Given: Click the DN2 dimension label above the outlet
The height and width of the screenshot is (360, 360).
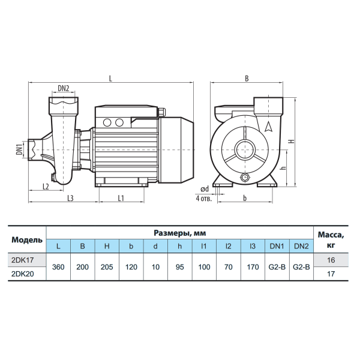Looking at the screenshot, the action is click(64, 88).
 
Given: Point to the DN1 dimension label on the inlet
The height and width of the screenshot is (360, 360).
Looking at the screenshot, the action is click(19, 149).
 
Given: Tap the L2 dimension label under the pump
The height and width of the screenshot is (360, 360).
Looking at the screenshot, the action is click(46, 187).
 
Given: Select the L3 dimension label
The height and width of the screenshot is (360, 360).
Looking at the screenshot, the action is click(70, 198).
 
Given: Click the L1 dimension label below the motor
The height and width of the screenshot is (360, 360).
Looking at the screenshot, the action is click(121, 198).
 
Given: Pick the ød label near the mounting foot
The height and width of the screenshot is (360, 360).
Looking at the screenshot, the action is click(205, 189).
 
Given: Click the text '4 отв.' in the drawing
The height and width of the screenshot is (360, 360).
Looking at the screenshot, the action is click(203, 198).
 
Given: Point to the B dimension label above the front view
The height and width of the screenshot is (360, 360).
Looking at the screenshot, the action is click(247, 79).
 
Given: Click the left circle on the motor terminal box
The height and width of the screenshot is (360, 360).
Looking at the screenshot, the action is click(107, 122).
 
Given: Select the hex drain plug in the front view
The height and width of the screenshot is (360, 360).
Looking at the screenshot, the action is click(245, 177).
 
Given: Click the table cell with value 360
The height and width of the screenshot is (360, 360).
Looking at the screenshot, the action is click(58, 267).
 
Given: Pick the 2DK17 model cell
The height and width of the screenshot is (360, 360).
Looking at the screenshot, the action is click(23, 260).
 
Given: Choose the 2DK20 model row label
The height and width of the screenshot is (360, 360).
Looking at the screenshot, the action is click(23, 274).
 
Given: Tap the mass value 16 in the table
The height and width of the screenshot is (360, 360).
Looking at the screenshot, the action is click(331, 260).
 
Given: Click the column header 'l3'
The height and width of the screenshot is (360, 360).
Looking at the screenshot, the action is click(253, 246).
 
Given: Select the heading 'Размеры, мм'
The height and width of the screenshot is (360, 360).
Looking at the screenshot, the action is click(180, 233).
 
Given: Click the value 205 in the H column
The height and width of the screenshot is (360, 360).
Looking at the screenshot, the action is click(107, 267).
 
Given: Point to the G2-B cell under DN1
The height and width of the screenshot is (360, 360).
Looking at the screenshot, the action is click(277, 267).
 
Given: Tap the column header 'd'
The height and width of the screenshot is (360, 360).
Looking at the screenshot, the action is click(155, 246).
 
